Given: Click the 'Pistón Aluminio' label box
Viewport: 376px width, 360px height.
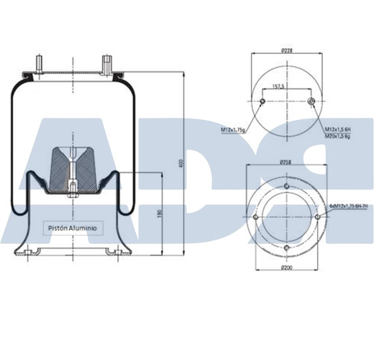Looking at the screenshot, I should click(73, 228).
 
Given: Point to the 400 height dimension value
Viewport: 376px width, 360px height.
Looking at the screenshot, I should click(181, 164).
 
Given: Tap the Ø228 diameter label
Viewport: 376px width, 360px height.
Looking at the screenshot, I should click(286, 51).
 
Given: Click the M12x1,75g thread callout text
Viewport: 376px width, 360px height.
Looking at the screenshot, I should click(233, 130).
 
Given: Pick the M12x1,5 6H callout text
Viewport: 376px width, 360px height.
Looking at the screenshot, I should click(337, 129).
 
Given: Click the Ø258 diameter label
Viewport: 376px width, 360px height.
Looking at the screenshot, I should click(286, 162).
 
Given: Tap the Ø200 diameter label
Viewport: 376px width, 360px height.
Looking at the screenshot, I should click(286, 267).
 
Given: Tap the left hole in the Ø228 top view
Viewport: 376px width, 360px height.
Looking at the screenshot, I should click(262, 102).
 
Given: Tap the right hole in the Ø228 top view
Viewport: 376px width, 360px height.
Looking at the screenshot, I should click(311, 102).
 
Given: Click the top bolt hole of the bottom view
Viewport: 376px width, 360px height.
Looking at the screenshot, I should click(286, 185).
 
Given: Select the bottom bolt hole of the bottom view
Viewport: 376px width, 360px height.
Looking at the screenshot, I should click(286, 248).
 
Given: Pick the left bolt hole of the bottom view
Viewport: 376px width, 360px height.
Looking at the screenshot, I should click(255, 217).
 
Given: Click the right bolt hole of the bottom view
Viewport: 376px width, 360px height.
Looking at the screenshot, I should click(318, 217).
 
